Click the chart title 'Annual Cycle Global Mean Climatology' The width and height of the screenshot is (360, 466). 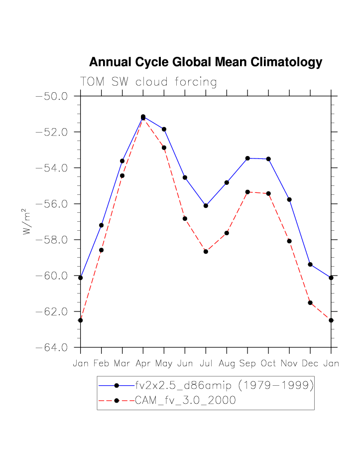[205, 62]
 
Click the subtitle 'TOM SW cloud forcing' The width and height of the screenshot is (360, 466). [148, 82]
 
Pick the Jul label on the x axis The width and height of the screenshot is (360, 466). [206, 363]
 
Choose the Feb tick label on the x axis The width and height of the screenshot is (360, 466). [101, 363]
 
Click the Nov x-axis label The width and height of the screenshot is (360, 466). [289, 363]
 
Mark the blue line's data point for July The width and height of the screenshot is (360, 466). [206, 206]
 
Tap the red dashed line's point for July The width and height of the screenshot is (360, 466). [206, 251]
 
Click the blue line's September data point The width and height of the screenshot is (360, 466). [247, 158]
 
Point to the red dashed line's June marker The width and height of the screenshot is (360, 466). [185, 218]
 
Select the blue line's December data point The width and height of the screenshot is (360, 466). [310, 264]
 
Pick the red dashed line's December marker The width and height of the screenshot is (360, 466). [310, 303]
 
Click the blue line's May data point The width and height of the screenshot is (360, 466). [164, 129]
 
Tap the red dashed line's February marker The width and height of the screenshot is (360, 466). [101, 250]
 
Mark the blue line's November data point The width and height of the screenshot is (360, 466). [289, 199]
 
